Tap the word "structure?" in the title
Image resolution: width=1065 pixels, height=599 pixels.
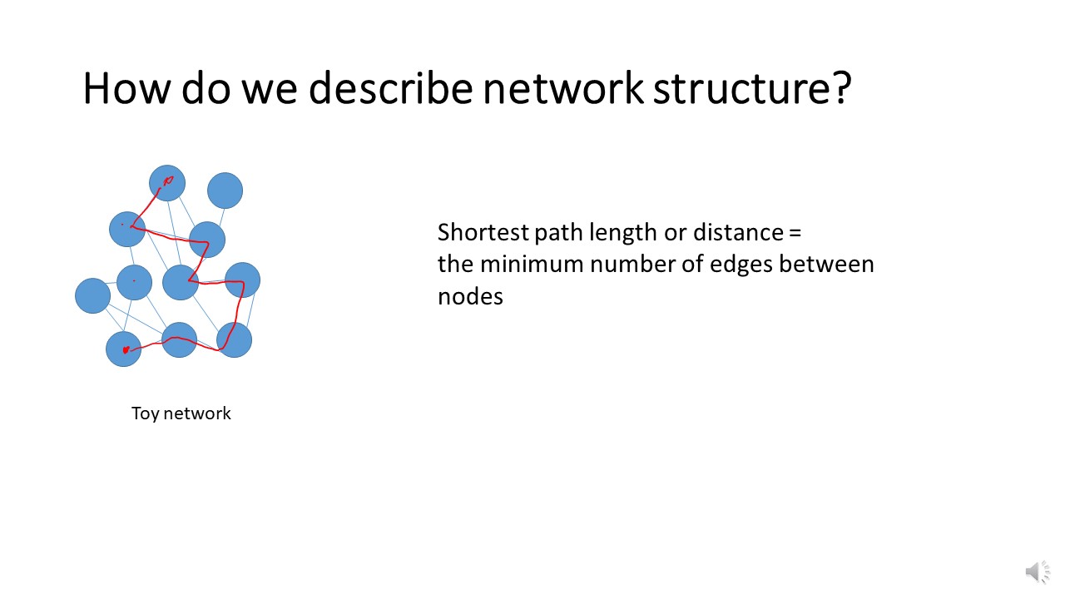tap(752, 88)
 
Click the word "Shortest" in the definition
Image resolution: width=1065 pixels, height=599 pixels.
tap(483, 232)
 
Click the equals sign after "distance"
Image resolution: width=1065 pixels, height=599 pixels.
tap(794, 232)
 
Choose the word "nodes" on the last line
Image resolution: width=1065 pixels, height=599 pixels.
tap(470, 297)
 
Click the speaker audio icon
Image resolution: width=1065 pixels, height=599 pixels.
tap(1037, 572)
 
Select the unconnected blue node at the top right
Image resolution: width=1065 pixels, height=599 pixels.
tap(225, 191)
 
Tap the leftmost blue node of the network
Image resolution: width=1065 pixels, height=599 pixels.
tap(92, 295)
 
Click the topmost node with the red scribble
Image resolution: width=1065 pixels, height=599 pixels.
tap(167, 183)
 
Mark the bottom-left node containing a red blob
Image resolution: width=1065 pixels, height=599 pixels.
tap(123, 349)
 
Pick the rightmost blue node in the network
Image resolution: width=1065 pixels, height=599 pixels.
tap(242, 280)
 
